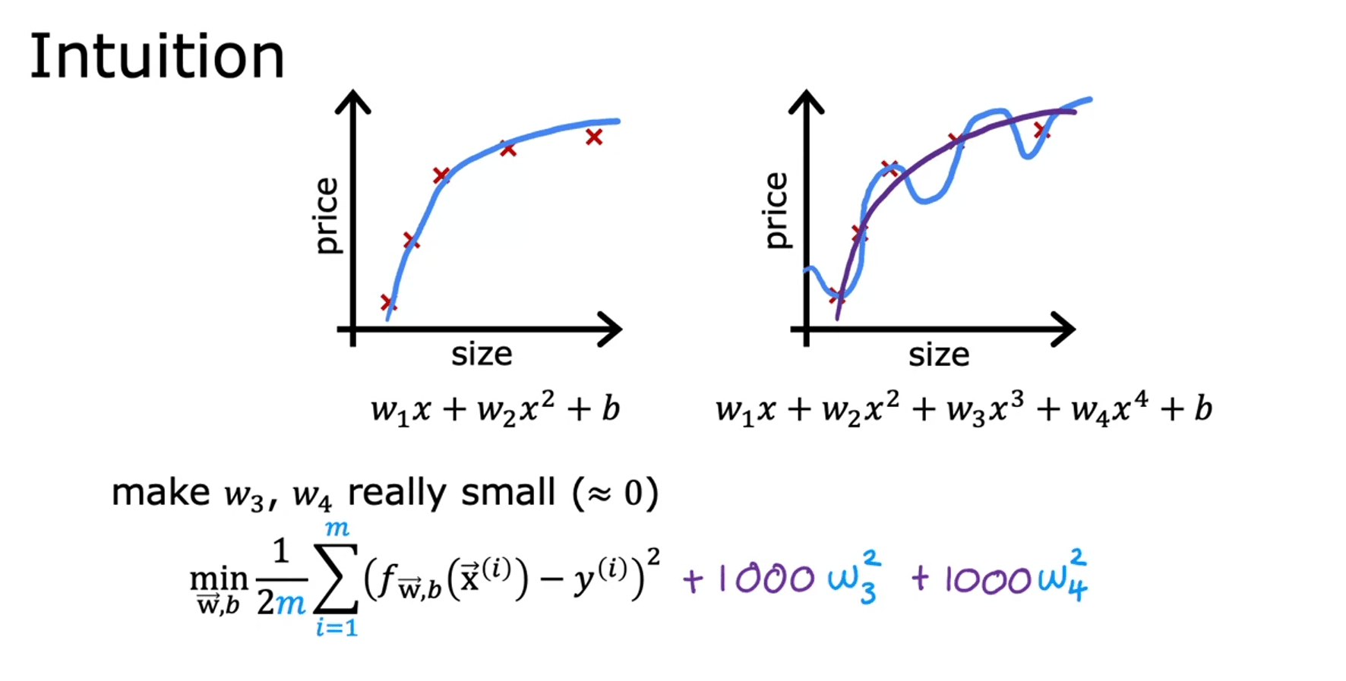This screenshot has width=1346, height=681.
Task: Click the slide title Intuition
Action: [x=156, y=57]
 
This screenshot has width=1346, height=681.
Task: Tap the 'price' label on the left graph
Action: [x=326, y=216]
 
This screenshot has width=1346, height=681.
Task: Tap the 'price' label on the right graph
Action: [x=776, y=210]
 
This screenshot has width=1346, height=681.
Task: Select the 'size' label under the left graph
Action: [x=482, y=355]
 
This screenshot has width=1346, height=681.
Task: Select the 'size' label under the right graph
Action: [x=939, y=355]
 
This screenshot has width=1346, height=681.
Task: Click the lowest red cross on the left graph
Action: [x=388, y=302]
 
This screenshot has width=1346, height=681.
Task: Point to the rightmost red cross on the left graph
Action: [x=594, y=137]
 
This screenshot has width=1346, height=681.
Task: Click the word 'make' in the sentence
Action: [x=160, y=493]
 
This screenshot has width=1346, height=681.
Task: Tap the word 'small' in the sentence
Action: [x=508, y=493]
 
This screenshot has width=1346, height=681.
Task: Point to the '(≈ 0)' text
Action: [x=615, y=493]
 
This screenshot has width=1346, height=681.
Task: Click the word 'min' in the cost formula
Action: [x=219, y=579]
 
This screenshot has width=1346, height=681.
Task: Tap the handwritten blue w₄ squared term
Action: [x=1063, y=579]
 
